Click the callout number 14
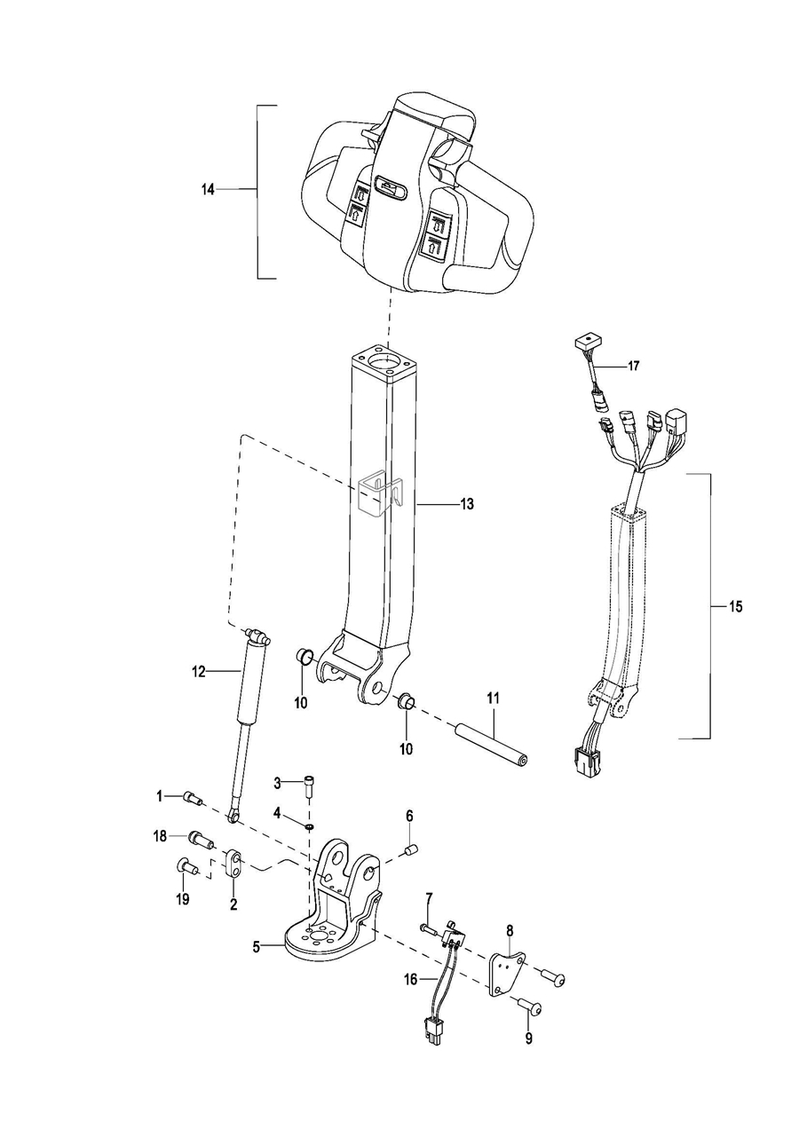click(208, 190)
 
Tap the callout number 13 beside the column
click(467, 503)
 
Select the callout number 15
click(735, 606)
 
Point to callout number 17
click(634, 366)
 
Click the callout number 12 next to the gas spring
click(199, 671)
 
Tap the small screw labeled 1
click(193, 797)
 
